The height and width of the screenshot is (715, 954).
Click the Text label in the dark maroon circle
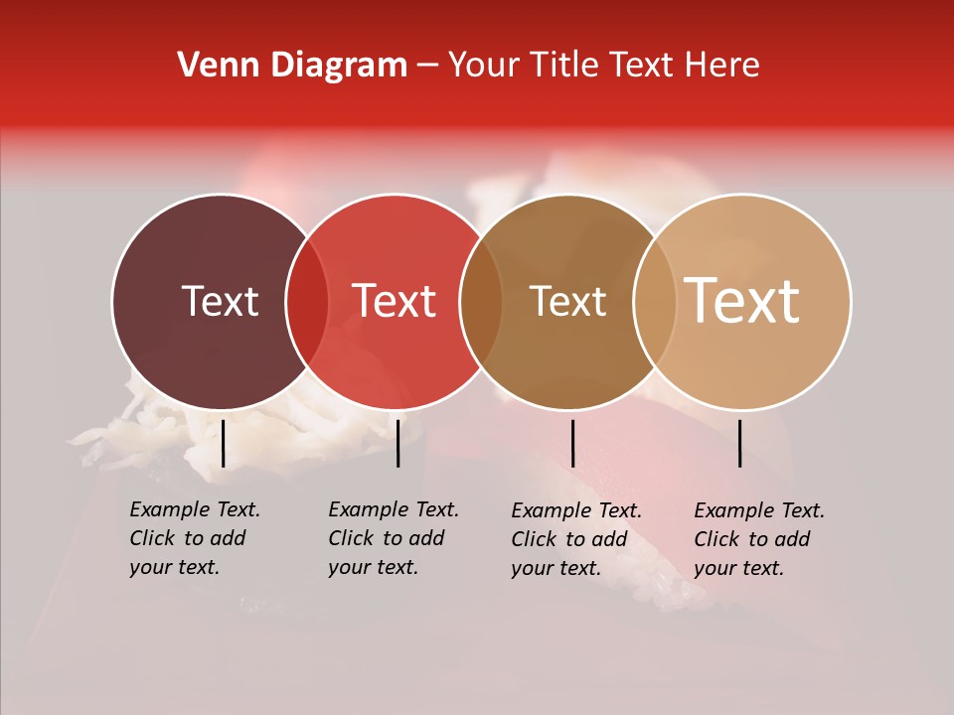click(220, 301)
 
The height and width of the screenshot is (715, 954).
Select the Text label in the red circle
click(395, 301)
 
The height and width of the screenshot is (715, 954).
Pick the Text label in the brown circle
click(567, 301)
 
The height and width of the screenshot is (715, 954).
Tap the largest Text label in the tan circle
click(742, 300)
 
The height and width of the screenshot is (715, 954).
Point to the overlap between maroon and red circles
click(307, 302)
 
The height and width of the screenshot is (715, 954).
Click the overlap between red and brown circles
click(481, 302)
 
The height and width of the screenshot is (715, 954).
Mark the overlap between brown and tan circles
click(655, 302)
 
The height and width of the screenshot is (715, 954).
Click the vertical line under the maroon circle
click(224, 443)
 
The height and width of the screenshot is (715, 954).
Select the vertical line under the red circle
click(397, 443)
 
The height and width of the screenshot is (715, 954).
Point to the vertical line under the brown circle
click(572, 443)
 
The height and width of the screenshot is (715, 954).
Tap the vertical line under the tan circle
click(740, 443)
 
